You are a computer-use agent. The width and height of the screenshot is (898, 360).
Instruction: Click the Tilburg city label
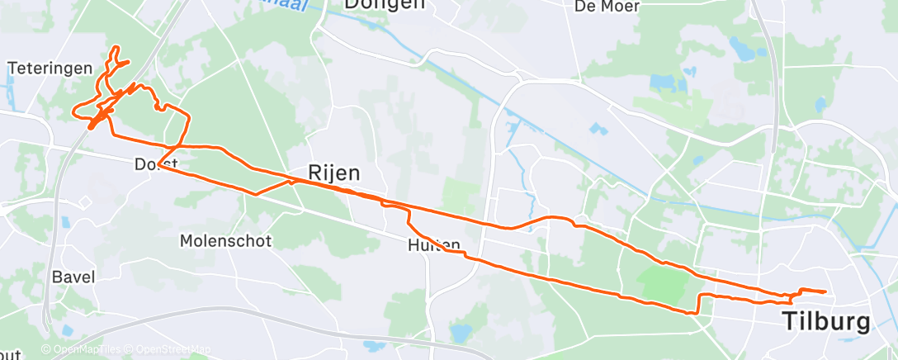coord(826,320)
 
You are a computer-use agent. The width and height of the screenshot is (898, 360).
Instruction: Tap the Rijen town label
coord(334,173)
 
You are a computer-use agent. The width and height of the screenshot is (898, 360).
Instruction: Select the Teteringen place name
coord(49,68)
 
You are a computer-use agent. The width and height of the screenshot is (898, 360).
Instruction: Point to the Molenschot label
coord(225,241)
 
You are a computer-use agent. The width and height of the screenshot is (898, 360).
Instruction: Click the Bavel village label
coord(73,277)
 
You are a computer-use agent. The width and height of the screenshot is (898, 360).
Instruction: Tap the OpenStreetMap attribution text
coord(170,350)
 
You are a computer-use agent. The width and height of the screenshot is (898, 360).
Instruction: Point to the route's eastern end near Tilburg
coord(825,291)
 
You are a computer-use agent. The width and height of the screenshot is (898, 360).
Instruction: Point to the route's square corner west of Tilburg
coord(700,296)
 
